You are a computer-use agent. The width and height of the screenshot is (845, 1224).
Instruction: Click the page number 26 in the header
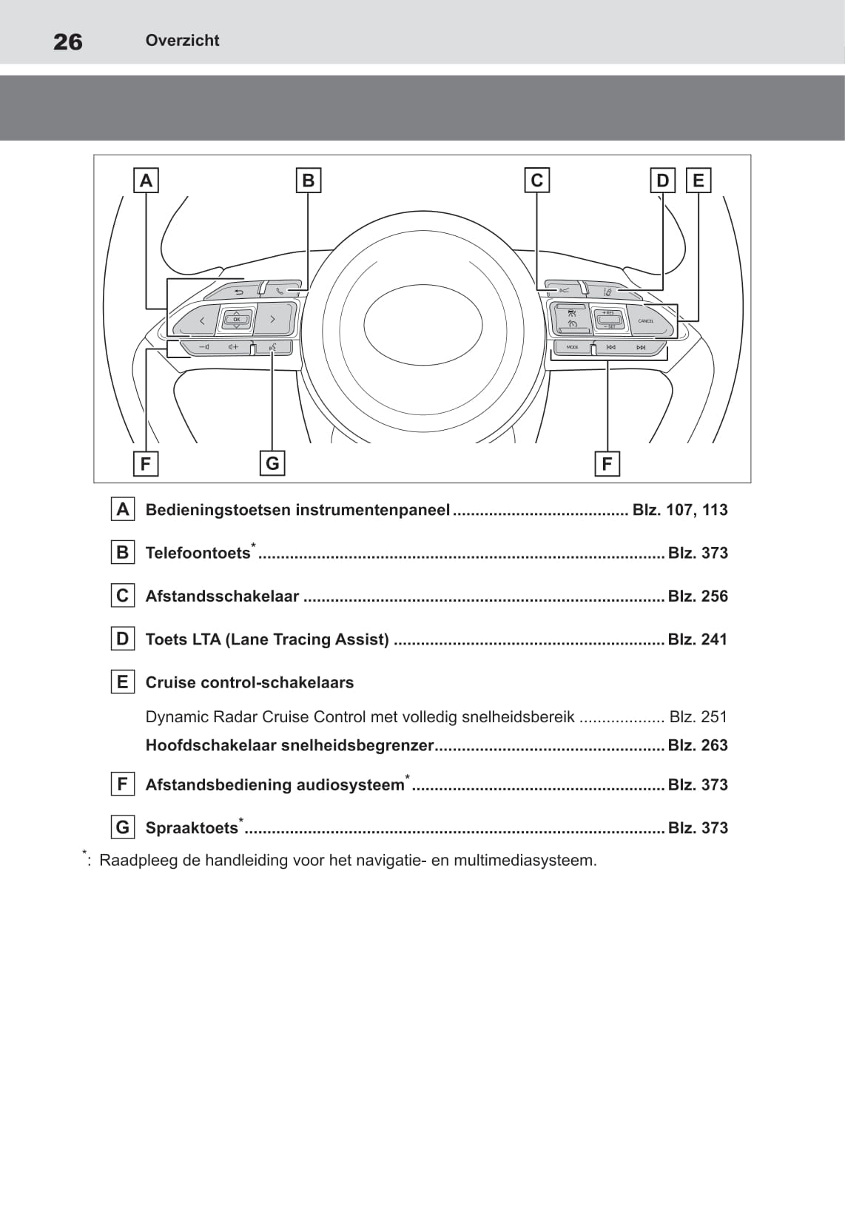[68, 41]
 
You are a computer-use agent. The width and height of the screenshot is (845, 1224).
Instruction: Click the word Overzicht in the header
[182, 41]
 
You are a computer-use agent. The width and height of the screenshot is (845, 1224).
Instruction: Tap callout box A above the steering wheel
[146, 180]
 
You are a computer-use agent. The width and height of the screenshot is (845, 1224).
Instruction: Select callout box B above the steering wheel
[308, 180]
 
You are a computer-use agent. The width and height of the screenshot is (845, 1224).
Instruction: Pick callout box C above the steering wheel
[536, 180]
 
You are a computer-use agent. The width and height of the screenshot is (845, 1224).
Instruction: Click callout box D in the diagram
[662, 180]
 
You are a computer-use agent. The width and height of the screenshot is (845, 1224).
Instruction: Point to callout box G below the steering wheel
[272, 463]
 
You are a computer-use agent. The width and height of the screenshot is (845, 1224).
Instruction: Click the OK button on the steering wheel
[236, 320]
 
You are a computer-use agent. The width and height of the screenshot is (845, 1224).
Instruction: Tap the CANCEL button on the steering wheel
[646, 321]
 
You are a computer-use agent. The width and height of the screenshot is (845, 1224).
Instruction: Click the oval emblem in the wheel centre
[422, 325]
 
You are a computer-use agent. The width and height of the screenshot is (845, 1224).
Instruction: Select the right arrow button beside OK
[272, 320]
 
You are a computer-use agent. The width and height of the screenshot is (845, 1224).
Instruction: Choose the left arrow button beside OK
[202, 321]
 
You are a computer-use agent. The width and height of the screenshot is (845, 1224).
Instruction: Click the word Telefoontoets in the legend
[198, 554]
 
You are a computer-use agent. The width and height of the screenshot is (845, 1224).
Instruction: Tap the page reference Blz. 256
[698, 596]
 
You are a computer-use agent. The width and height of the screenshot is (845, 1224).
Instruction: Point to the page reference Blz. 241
[698, 639]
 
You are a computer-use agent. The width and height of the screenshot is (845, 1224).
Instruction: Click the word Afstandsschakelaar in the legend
[222, 596]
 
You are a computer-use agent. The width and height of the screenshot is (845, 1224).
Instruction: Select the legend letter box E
[123, 682]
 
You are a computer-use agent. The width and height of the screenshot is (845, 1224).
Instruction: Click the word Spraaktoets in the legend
[192, 828]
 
